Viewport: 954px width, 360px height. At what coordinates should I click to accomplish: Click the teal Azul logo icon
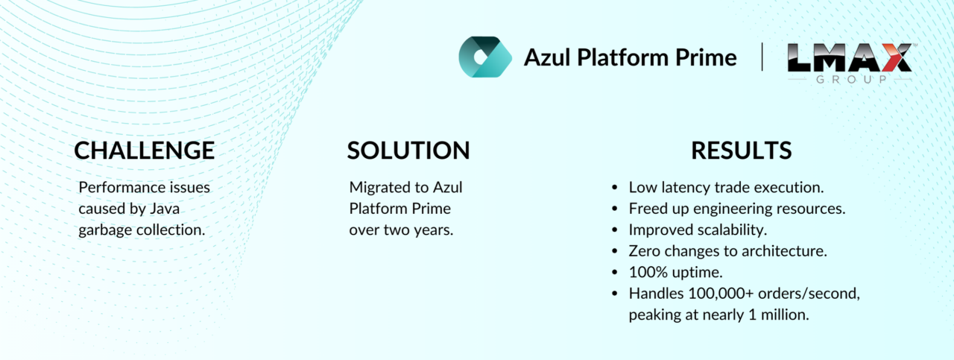[x=485, y=57]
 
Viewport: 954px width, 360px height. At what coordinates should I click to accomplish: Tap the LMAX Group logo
[x=850, y=63]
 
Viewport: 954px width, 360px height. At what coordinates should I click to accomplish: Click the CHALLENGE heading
[x=145, y=151]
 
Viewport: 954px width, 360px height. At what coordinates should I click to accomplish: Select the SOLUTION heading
[x=408, y=151]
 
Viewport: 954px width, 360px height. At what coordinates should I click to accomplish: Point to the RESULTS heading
[x=741, y=151]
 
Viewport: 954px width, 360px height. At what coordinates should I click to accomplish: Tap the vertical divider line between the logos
[x=762, y=57]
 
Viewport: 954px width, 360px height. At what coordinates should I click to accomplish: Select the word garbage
[x=105, y=230]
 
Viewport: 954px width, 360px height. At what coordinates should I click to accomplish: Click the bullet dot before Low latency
[x=614, y=188]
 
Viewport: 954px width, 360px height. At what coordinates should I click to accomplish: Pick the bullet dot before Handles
[x=614, y=294]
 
